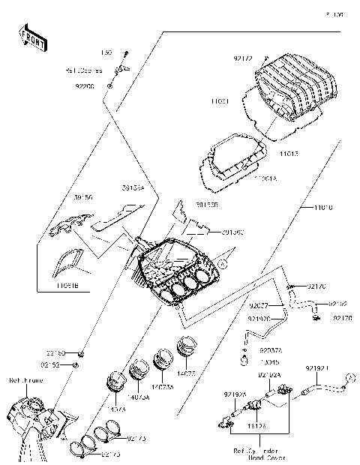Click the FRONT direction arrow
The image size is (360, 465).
coord(32,39)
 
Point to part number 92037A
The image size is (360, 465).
coord(271,349)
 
